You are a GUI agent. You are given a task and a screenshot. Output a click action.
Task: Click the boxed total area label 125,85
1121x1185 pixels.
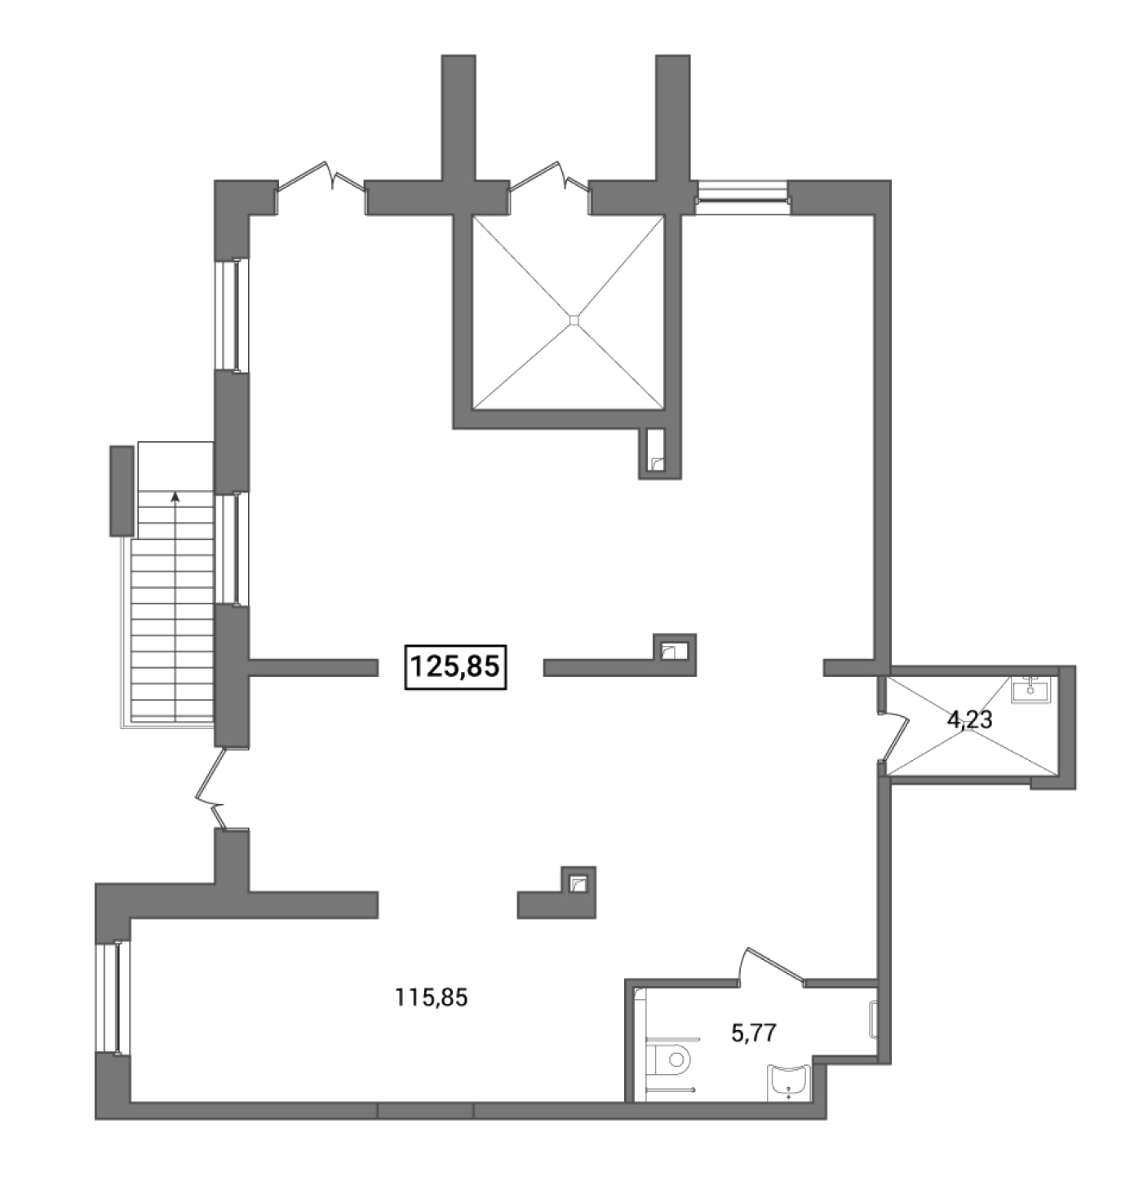pos(454,666)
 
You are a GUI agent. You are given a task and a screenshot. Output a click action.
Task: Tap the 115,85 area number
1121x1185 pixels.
pos(431,998)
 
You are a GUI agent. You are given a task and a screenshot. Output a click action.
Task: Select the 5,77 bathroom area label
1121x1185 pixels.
pos(753,1033)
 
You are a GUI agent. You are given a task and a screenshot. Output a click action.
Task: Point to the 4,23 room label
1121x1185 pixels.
pos(969,719)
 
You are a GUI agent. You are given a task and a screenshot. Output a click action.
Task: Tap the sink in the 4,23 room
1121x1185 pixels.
pos(1030,689)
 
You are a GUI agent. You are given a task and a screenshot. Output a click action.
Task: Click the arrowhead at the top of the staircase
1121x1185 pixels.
pos(175,497)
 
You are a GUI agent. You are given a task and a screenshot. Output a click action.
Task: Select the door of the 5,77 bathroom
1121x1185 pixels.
pos(771,967)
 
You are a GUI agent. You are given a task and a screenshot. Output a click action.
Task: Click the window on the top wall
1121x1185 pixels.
pos(742,197)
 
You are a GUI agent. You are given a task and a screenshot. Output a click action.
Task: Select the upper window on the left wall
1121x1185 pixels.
pos(233,316)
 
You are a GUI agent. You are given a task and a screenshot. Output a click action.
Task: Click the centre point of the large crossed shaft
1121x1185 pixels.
pos(574,320)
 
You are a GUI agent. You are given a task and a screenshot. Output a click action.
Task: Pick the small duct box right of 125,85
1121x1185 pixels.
pos(676,653)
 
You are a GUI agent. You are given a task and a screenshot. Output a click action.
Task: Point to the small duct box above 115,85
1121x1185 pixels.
pos(578,885)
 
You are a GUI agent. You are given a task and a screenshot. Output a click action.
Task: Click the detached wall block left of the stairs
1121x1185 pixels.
pos(122,491)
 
